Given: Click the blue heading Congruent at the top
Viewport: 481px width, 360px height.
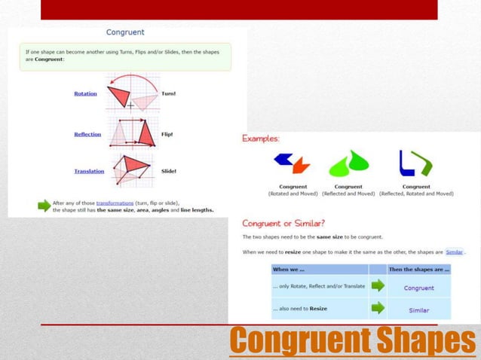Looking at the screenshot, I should pos(125,32).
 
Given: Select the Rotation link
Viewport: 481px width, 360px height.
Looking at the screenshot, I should pos(85,93).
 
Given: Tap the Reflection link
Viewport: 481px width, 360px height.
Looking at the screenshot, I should pos(87,134).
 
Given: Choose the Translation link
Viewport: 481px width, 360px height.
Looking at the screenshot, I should pos(89,171).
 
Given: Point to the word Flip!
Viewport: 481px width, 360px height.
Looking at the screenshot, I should pos(167,134).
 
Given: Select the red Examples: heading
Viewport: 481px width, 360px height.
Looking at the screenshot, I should pos(260,139).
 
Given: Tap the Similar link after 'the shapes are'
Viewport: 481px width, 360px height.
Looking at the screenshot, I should pos(454,252).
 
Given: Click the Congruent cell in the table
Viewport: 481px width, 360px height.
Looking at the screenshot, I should pos(418,288).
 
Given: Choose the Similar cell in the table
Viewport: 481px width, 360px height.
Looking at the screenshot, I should pos(418,310).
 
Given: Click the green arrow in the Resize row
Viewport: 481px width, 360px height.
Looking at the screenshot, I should pos(378,308).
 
